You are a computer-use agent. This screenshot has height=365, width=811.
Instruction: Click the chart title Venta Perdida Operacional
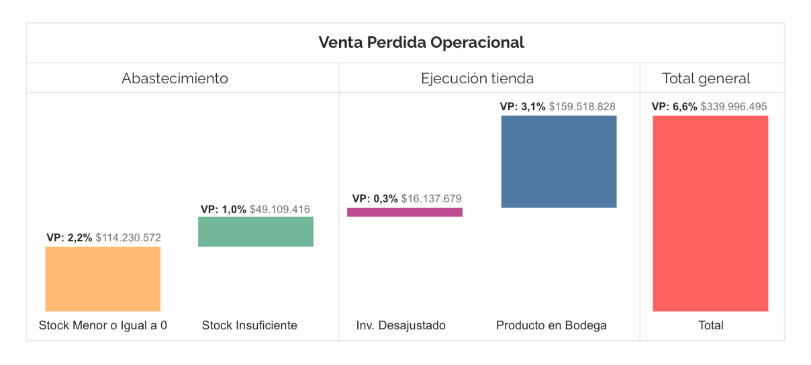421,43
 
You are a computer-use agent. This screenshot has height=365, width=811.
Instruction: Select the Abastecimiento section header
175,79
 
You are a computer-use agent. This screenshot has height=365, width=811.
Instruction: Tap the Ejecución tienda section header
477,79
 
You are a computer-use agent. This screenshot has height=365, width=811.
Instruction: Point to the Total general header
706,79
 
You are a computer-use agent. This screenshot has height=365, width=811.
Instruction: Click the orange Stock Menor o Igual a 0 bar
103,279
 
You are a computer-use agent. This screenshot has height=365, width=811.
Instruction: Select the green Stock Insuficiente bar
256,232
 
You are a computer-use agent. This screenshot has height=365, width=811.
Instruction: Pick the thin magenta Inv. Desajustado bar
405,212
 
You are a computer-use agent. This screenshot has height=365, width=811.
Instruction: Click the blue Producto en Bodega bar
559,161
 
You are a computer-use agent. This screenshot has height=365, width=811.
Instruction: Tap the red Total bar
710,213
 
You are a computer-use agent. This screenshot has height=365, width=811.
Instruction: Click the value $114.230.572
128,238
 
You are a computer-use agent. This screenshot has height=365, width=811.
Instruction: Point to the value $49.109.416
280,210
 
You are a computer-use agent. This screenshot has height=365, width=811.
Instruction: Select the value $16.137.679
431,199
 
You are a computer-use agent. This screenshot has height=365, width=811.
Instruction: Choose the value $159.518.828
582,107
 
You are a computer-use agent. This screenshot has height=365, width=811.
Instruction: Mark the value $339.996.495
734,107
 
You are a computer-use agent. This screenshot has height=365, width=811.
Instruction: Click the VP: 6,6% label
675,107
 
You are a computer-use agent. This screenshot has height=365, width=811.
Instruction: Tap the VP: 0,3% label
375,199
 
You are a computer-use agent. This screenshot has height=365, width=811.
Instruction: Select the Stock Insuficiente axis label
250,326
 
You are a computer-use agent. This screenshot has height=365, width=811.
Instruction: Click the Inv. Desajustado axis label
401,326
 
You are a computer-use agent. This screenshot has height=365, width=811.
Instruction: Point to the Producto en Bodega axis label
551,326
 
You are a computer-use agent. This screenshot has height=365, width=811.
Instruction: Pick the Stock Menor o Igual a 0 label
103,326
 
